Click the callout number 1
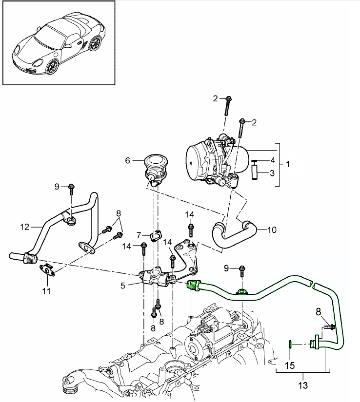[x=288, y=164]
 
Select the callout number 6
[x=128, y=160]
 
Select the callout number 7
[x=139, y=235]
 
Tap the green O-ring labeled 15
[x=290, y=344]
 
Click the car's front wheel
[x=53, y=66]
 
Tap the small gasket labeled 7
[x=155, y=236]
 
